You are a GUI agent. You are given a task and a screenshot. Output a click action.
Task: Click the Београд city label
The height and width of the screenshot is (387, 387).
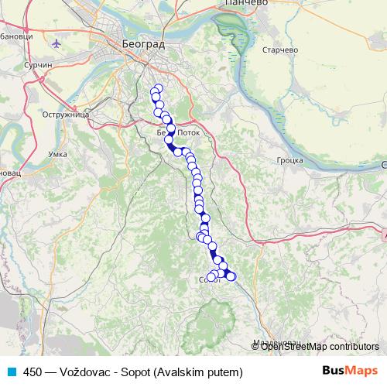143,45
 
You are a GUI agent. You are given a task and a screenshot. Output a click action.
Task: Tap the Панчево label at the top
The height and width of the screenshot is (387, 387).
246,4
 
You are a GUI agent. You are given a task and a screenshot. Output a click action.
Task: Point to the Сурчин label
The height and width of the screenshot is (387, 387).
38,67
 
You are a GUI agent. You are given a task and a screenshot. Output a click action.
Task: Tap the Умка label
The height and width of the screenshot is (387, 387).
58,155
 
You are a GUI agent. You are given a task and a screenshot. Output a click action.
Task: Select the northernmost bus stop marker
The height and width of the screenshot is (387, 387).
159,88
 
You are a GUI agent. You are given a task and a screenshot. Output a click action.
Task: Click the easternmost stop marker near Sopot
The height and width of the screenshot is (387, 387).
231,276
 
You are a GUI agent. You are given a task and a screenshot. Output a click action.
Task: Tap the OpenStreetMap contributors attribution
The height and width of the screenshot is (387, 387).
319,346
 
